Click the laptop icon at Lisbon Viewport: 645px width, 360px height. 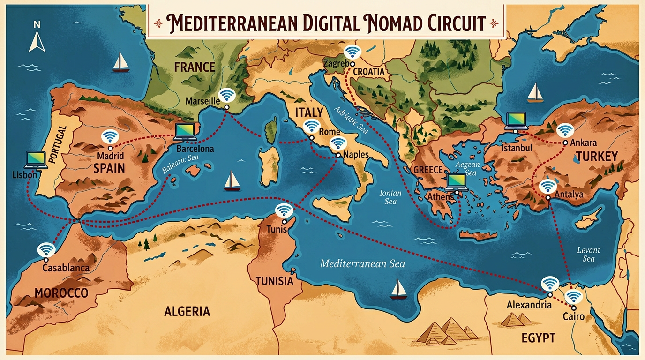[37, 159]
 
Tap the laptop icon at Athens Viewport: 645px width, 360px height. [456, 181]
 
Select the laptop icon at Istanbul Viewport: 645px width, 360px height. [516, 120]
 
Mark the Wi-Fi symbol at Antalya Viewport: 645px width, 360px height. [547, 187]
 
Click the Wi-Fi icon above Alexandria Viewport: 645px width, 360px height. [549, 284]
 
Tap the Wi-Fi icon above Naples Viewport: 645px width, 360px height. [337, 144]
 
